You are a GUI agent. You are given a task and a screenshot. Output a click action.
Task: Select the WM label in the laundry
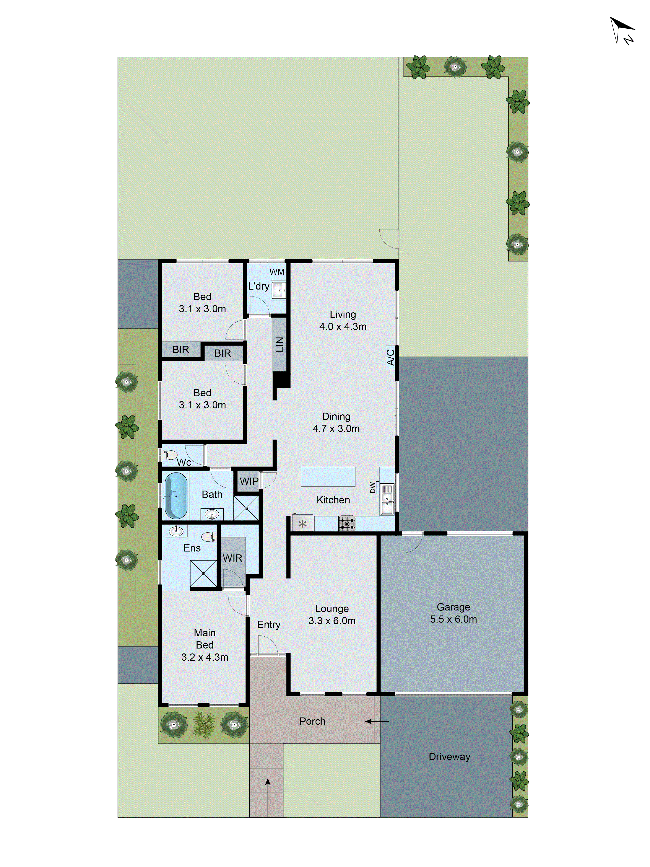point(277,272)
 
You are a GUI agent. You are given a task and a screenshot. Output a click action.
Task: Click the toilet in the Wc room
point(170,455)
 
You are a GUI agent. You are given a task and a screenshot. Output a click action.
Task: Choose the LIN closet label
point(279,345)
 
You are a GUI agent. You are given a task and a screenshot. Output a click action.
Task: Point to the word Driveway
point(449,756)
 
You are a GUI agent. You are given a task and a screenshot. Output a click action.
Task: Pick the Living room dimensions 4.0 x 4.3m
point(343,326)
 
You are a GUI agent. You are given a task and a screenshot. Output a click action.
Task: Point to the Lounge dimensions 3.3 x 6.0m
point(332,621)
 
